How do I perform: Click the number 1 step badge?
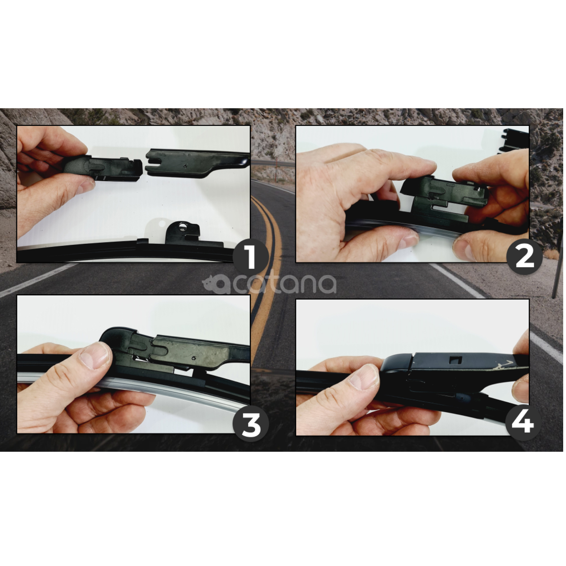tap(251, 257)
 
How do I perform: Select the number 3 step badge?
tap(251, 424)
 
